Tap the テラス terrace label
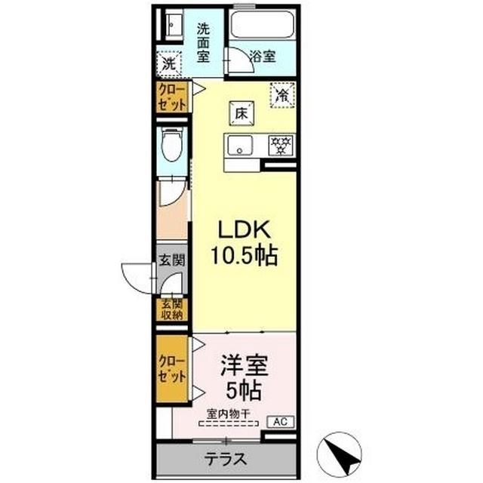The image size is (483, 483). (227, 460)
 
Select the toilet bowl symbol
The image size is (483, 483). (171, 148)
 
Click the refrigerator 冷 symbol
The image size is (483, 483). (281, 94)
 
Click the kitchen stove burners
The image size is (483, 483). (281, 144)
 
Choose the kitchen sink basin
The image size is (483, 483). (240, 144)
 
